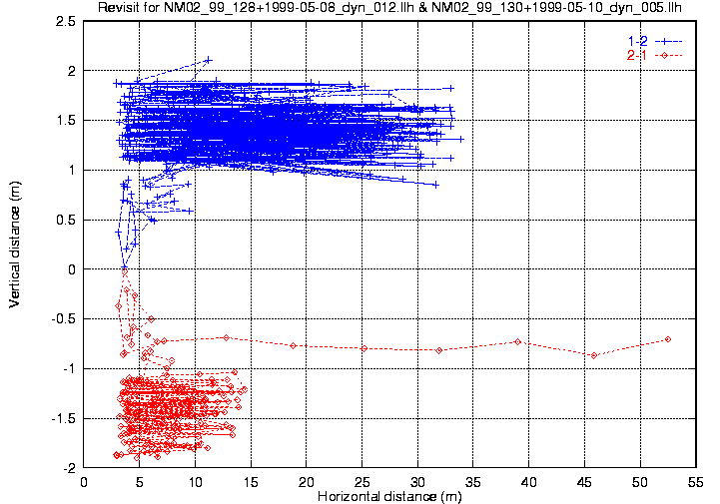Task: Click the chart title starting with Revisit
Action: click(389, 8)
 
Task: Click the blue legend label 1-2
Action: click(636, 40)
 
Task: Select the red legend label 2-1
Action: click(636, 55)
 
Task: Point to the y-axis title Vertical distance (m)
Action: click(15, 244)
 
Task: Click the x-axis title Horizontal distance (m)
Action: click(389, 496)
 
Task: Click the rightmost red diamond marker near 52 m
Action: click(667, 339)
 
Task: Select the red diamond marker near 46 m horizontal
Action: click(594, 355)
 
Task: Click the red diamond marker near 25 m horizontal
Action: click(363, 348)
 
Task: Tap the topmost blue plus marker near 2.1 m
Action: click(208, 60)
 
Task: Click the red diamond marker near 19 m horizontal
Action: click(293, 345)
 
